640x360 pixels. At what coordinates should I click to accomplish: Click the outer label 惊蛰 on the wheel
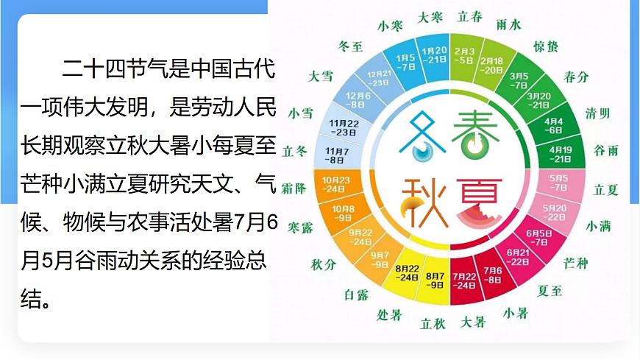[545, 48]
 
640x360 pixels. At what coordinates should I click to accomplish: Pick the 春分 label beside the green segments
[576, 77]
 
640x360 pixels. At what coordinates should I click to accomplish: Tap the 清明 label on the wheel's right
[597, 113]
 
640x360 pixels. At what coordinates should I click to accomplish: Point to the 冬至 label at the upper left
[350, 46]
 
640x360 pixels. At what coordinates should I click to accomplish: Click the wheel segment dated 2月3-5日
[465, 55]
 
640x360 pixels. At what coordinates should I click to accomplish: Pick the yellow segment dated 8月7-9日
[435, 279]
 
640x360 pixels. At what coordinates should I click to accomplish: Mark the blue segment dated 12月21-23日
[380, 79]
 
